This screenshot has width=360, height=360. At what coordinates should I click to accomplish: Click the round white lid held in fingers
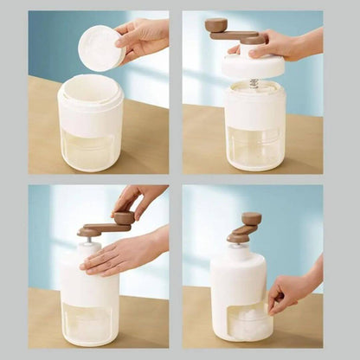tap(102, 48)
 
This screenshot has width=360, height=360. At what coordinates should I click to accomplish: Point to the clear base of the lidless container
tap(90, 149)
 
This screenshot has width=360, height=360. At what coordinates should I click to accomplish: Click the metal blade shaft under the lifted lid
tap(254, 84)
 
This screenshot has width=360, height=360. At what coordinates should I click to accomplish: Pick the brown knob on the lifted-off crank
tap(215, 25)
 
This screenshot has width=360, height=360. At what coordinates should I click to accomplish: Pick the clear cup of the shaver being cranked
tap(90, 322)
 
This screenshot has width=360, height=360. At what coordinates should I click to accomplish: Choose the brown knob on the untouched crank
tap(252, 219)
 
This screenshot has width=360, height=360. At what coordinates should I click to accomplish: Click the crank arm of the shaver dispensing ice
tap(241, 235)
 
